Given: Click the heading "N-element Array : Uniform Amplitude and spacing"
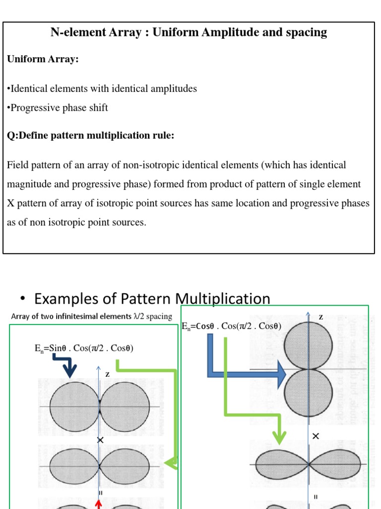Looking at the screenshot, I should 189,33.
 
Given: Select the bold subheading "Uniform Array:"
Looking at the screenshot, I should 43,59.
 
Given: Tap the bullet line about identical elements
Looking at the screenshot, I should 102,88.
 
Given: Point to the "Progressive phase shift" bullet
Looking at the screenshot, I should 57,107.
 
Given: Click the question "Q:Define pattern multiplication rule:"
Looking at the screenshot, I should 90,135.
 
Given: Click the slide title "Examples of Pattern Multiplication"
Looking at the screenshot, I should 152,298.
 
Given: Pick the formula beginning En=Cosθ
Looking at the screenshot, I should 232,326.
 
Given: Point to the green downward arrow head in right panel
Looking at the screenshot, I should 280,437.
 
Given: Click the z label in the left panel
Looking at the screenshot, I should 107,374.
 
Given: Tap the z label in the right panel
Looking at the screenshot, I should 320,316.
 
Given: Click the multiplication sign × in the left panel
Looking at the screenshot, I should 101,440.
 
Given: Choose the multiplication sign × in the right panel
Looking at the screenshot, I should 316,436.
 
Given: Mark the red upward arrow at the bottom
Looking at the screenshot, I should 99,504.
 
